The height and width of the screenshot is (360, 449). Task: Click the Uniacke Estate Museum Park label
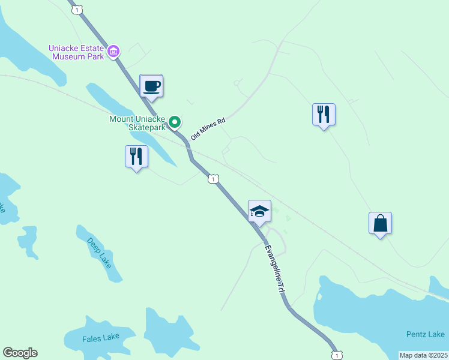75,52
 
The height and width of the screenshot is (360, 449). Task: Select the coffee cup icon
151,85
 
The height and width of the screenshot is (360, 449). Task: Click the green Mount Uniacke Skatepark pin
175,122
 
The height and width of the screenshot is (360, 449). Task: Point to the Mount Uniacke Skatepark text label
137,123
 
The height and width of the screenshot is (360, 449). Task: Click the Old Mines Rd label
207,129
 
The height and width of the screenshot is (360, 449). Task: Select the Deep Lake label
99,253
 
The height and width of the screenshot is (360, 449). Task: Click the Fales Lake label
101,338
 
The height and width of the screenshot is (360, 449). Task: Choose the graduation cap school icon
259,211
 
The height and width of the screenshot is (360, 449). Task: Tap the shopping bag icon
380,223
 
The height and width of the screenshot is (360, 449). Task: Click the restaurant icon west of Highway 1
136,157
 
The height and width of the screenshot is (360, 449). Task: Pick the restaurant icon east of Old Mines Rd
324,114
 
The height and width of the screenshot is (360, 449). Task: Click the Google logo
20,353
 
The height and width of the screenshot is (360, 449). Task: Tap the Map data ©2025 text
423,355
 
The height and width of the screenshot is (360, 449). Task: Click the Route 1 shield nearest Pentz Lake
337,355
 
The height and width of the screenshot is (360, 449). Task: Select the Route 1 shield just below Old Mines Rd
213,179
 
